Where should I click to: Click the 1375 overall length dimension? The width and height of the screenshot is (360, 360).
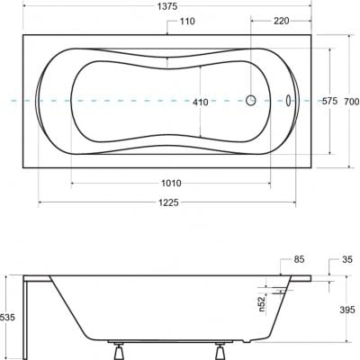[x=167, y=6]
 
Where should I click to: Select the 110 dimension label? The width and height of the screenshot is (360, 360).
[x=186, y=21]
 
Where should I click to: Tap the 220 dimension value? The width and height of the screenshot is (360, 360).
[x=281, y=21]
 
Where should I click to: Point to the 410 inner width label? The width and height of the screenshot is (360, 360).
[x=200, y=103]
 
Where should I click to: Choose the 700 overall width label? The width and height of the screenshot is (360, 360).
[x=352, y=102]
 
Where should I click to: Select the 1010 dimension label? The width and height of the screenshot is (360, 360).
[x=171, y=183]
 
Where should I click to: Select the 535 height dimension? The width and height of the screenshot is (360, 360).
[x=9, y=318]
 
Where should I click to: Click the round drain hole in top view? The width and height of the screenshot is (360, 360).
[x=253, y=102]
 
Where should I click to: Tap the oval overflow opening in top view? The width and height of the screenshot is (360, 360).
[x=290, y=102]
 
